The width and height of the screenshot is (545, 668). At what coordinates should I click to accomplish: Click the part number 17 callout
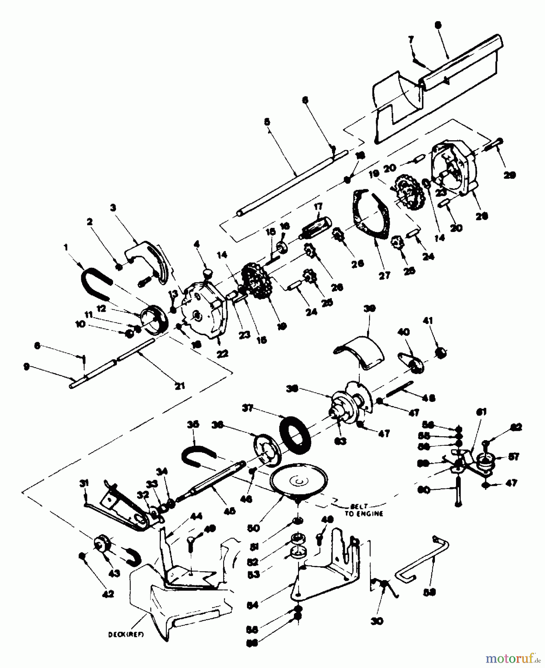pyautogui.click(x=318, y=206)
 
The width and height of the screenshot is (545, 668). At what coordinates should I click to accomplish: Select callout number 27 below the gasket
pyautogui.click(x=384, y=275)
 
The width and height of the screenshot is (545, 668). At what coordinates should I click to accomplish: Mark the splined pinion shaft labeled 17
pyautogui.click(x=316, y=225)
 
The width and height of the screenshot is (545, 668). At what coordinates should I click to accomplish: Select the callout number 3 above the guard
pyautogui.click(x=113, y=207)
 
